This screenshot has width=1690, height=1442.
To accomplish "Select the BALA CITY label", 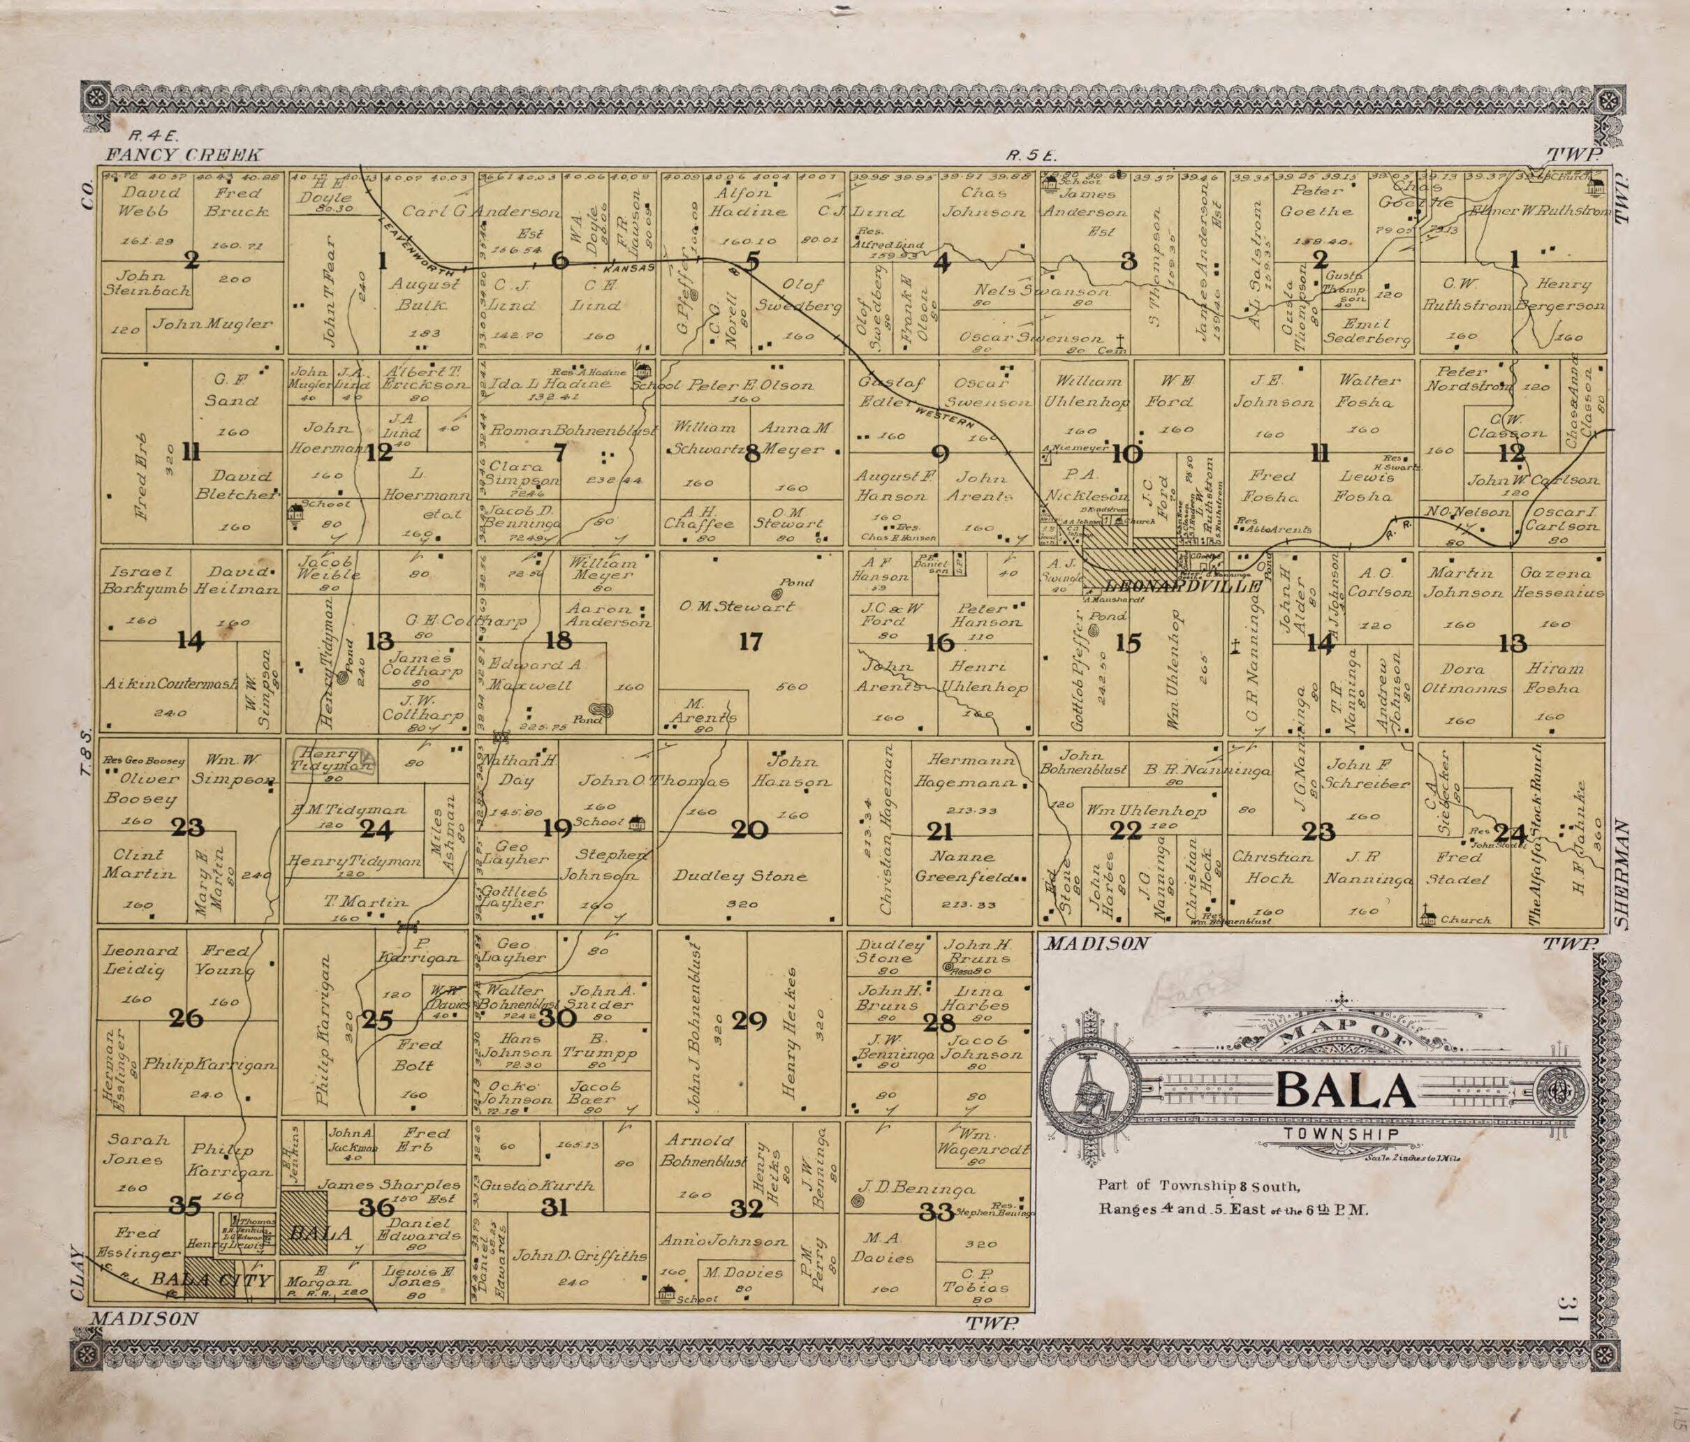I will pos(210,1281).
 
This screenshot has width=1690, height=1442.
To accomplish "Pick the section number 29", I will pos(749,1020).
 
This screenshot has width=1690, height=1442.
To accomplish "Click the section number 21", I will pos(939,831).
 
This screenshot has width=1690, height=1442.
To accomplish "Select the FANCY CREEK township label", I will pos(184,155).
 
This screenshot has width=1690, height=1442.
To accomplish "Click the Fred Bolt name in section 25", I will pos(418,1055).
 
